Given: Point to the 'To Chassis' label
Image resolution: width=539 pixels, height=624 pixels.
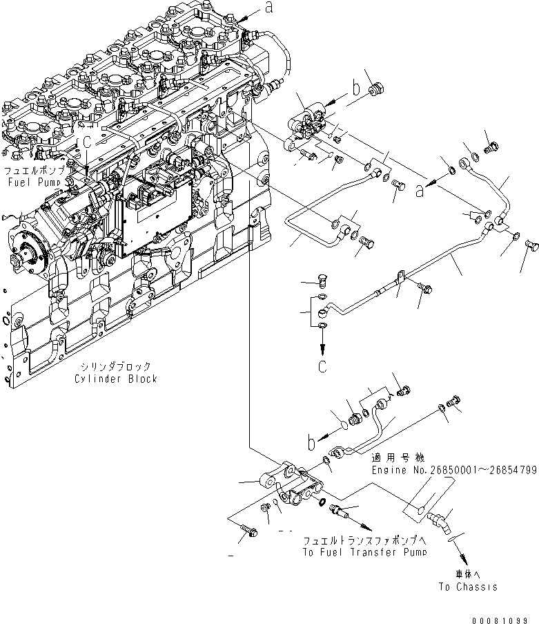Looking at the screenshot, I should (x=467, y=587).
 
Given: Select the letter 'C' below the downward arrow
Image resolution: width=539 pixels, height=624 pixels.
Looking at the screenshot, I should (x=322, y=366).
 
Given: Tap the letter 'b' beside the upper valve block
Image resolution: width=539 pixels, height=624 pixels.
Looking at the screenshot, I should (x=356, y=88).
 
